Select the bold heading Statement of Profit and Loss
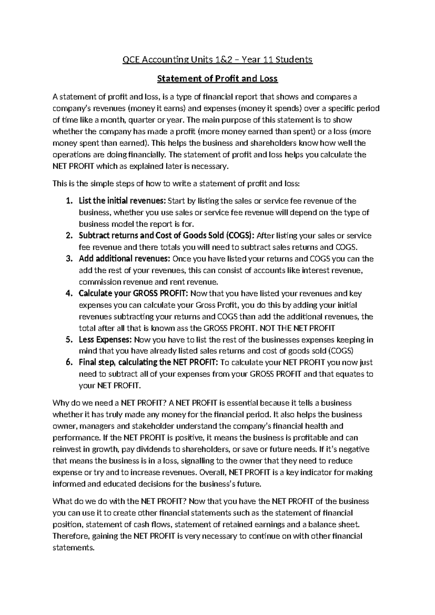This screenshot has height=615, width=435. coord(217,78)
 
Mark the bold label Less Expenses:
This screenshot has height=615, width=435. coord(105,340)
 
